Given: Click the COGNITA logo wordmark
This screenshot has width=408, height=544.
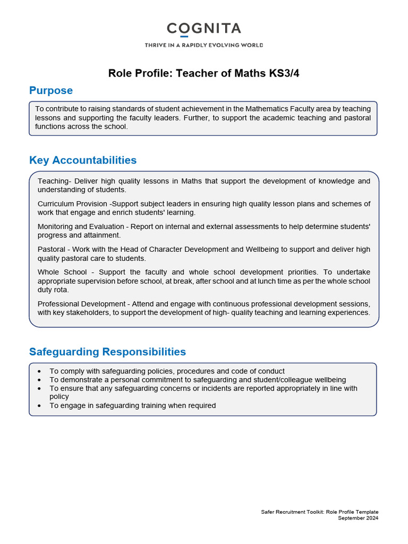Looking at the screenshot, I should pos(204,28).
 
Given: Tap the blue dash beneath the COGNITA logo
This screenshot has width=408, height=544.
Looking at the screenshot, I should pos(184,37).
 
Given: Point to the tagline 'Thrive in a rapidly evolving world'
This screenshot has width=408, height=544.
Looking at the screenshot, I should pos(204,45).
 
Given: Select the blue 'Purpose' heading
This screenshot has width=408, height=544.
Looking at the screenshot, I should pos(51,90).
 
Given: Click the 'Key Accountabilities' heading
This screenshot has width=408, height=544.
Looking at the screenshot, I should pos(83,160).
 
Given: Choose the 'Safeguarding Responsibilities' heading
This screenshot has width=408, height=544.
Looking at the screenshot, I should pos(107,352).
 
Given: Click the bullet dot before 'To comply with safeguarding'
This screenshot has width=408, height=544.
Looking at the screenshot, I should pos(41,371).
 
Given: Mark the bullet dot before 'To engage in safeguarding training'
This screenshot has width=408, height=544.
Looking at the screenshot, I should pos(41,406).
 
